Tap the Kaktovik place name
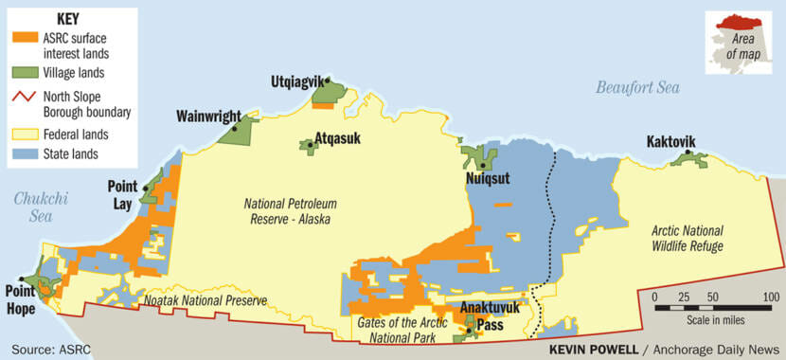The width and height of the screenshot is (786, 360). pyautogui.click(x=670, y=142)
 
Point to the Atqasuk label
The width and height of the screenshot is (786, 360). pyautogui.click(x=338, y=137)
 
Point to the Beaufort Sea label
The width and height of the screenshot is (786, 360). pyautogui.click(x=637, y=88)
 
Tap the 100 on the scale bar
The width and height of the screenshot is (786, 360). pyautogui.click(x=770, y=297)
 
